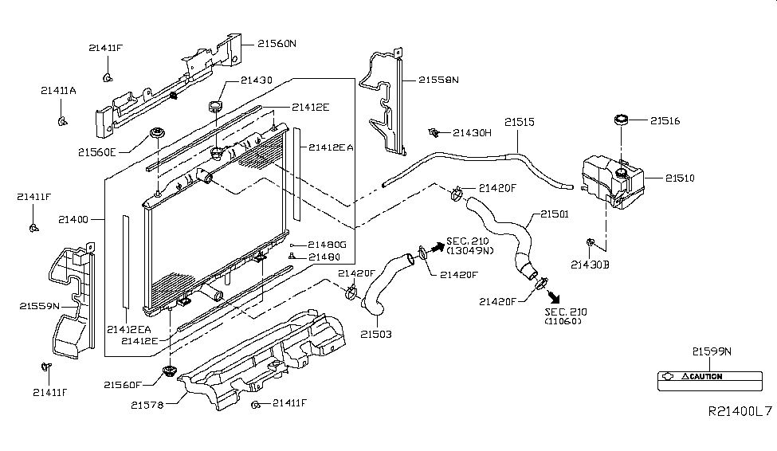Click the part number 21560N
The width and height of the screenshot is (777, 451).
[276, 45]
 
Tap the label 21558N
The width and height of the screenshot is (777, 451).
[438, 80]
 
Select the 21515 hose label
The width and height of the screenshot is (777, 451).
[519, 123]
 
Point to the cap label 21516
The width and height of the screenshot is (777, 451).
[665, 121]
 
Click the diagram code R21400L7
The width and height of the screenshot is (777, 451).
[740, 411]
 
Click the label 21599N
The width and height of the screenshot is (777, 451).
[712, 351]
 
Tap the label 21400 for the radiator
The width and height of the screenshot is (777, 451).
[76, 217]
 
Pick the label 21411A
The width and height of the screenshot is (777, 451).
[58, 91]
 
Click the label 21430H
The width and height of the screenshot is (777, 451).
[473, 132]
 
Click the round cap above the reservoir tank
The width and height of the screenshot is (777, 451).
[622, 121]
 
